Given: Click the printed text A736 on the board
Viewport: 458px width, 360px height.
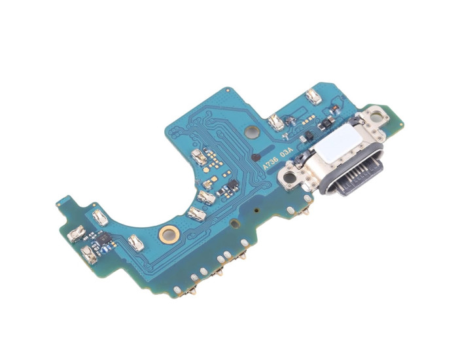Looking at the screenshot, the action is [x=270, y=164].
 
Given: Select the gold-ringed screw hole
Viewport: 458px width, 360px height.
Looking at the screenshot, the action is [x=169, y=234].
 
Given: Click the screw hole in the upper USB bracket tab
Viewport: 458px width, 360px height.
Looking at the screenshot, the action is [x=376, y=117].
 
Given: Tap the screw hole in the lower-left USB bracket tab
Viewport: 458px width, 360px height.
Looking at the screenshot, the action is [x=289, y=177].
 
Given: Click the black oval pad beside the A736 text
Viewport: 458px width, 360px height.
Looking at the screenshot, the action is [x=256, y=158].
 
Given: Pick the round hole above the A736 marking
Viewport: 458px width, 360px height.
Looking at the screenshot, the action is [x=252, y=132].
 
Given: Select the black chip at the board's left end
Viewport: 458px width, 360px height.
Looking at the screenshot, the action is [x=103, y=239].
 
